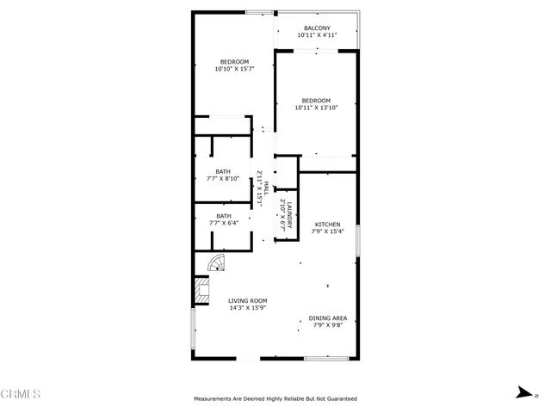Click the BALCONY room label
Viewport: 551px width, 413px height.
tap(317, 28)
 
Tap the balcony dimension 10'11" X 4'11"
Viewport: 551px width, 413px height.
tap(317, 36)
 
